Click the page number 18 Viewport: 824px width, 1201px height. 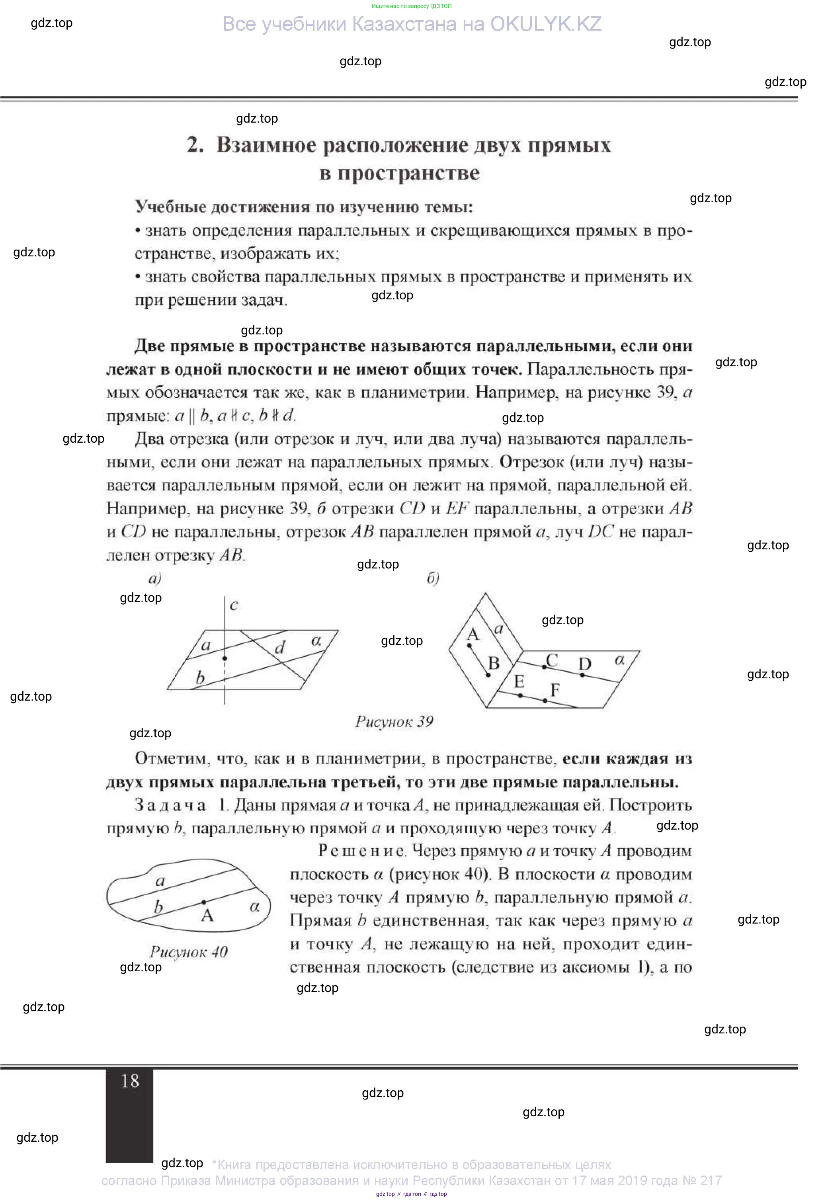pyautogui.click(x=130, y=1081)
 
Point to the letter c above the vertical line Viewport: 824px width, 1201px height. pyautogui.click(x=234, y=605)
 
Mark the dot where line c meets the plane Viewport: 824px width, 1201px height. pyautogui.click(x=225, y=658)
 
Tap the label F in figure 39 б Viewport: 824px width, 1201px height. pyautogui.click(x=555, y=689)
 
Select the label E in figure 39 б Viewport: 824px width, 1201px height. pyautogui.click(x=519, y=682)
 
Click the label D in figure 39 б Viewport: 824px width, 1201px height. pyautogui.click(x=584, y=664)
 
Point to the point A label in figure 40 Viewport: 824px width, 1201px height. pyautogui.click(x=207, y=915)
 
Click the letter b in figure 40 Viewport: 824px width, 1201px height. pyautogui.click(x=158, y=906)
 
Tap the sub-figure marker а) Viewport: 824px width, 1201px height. pyautogui.click(x=155, y=578)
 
